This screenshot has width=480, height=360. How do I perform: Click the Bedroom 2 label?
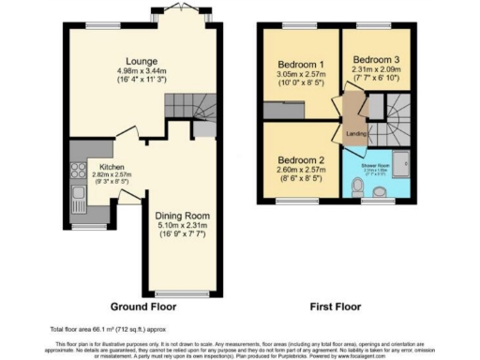point(300,159)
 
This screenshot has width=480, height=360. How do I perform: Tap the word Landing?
point(356,133)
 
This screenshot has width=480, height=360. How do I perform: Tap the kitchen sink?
point(76,198)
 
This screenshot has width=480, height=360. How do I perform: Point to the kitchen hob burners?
point(74,172)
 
